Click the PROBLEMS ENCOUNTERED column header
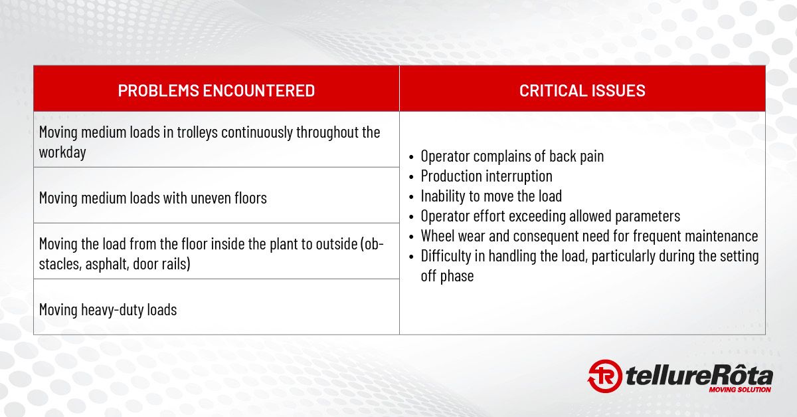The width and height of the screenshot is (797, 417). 217,90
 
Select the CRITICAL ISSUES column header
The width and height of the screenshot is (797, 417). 582,90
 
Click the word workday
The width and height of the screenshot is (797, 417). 62,152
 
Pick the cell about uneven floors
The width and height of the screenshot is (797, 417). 217,196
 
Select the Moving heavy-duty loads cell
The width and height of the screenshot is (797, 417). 217,307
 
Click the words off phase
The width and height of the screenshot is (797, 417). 447,276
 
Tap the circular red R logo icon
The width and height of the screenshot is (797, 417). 604,376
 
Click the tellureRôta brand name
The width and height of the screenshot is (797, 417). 699,375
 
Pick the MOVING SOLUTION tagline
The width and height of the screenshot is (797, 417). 740,390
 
